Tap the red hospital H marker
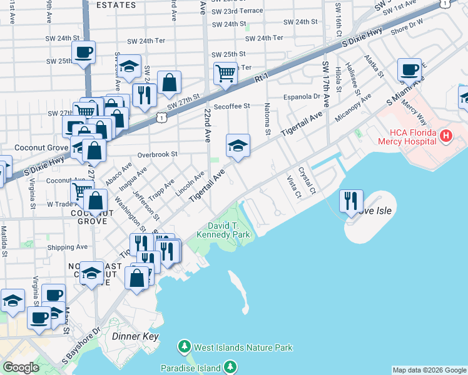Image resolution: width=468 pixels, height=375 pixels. pos(445,135)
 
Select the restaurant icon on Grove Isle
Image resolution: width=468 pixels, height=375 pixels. pos(351,201)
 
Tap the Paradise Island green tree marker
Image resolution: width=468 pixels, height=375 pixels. pos(231,366)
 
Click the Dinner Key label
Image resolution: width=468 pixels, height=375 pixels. pos(135,336)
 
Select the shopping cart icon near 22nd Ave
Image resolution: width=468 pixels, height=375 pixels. pos(225,72)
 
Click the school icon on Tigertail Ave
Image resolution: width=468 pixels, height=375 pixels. pos(238,146)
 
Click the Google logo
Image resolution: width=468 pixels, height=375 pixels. pos(21,367)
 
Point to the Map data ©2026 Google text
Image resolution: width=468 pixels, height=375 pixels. pos(429,370)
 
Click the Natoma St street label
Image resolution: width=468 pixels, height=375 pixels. pos(267,119)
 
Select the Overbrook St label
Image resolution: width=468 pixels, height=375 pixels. pos(158,154)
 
